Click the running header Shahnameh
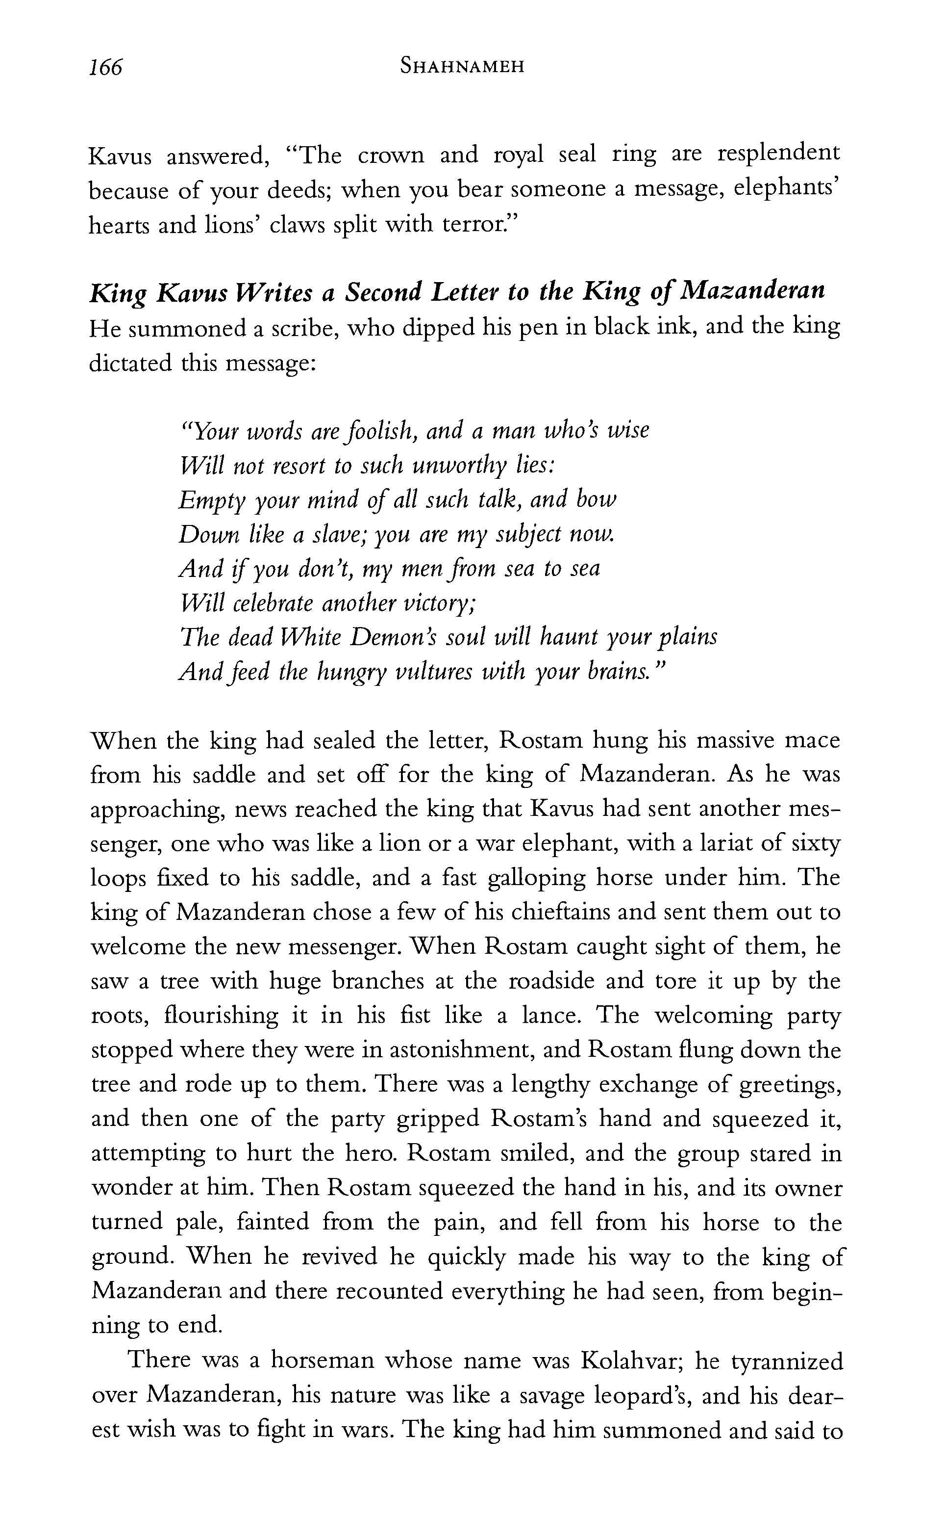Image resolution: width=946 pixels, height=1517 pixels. [x=462, y=66]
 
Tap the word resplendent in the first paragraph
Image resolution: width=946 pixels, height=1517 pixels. [x=778, y=154]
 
